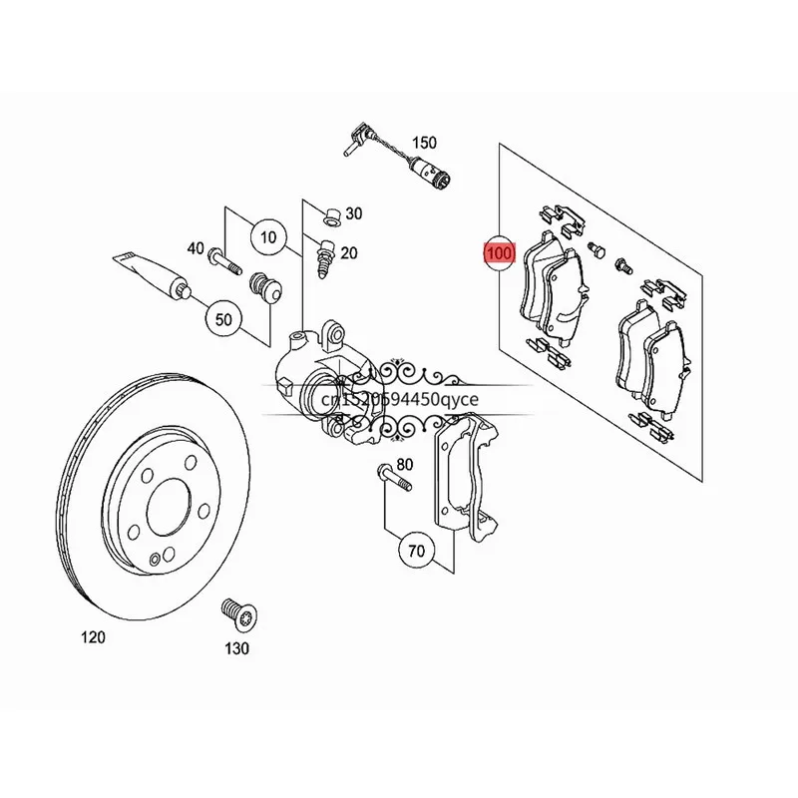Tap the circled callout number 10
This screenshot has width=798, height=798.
[267, 237]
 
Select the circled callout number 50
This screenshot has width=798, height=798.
[222, 319]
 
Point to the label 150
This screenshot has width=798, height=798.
[425, 143]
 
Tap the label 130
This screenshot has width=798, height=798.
[236, 648]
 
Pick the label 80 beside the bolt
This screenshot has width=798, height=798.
[405, 465]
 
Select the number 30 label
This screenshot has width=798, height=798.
[354, 213]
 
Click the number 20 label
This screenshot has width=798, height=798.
[348, 253]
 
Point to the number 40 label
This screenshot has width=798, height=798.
[195, 248]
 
